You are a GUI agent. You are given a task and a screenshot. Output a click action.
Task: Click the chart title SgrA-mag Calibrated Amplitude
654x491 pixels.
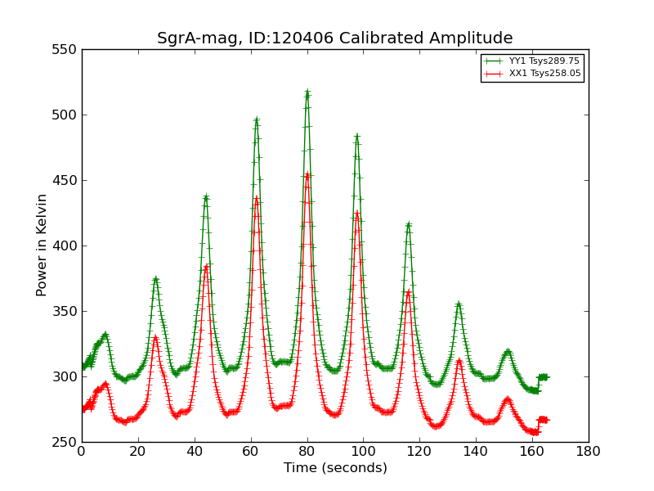pos(335,38)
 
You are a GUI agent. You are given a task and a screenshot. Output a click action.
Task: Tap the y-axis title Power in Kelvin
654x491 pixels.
pos(42,245)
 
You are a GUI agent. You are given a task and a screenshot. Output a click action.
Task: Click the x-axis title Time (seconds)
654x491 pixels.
pos(335,468)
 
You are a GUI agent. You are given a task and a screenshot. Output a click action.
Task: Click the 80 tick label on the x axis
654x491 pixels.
pos(307,451)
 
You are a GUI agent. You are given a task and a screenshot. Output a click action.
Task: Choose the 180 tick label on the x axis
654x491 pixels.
pos(588,451)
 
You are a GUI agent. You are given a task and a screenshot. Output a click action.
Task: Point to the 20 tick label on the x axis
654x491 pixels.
pos(138,451)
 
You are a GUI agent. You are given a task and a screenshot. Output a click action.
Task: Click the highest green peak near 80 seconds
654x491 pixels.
pos(307,93)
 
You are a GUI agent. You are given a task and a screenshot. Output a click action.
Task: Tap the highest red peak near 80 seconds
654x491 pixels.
pos(307,174)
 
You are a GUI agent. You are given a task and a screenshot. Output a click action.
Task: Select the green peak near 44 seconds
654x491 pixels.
pos(206,196)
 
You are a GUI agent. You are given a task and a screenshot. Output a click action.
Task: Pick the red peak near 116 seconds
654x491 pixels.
pos(408,291)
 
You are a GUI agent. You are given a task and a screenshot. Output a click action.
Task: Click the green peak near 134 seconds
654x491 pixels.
pos(459,304)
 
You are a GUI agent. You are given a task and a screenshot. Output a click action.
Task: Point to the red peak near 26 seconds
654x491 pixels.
pos(155,336)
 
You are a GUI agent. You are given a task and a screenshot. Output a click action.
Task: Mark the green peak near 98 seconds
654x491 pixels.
pos(357,137)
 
